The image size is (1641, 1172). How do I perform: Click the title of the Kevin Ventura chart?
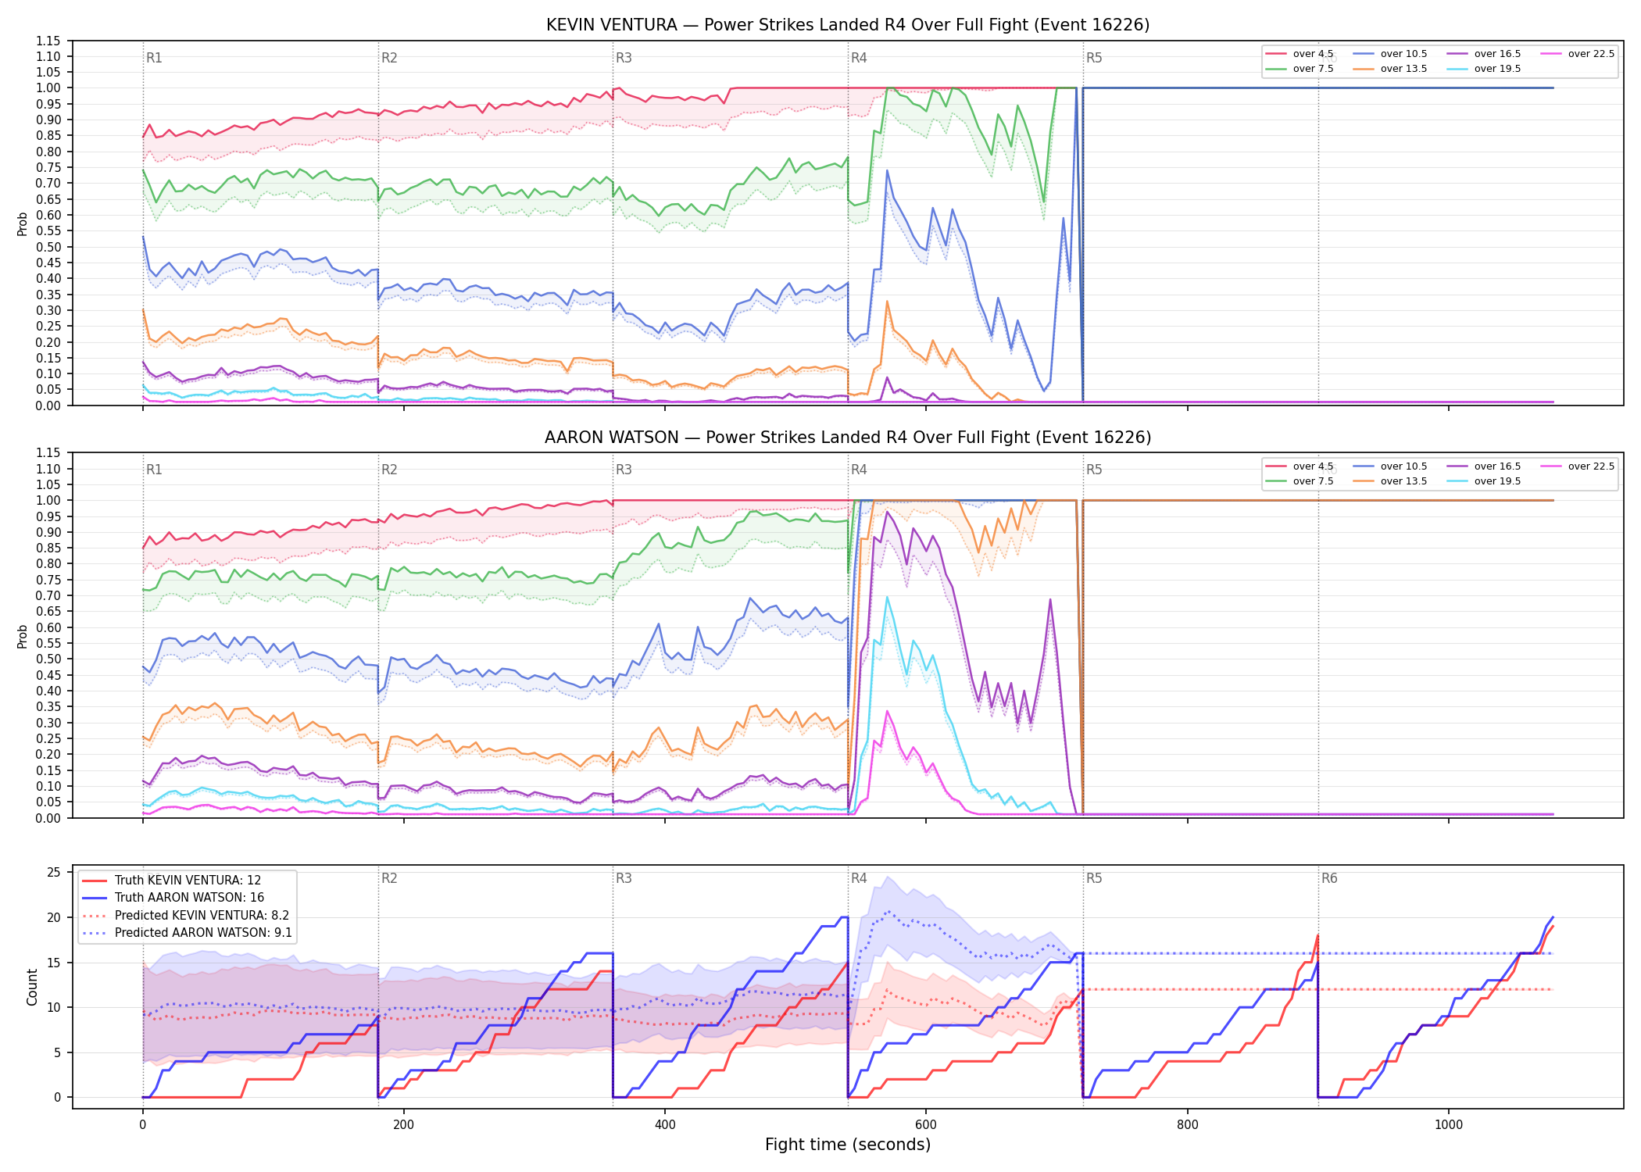click(848, 25)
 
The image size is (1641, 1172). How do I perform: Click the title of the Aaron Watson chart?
click(848, 438)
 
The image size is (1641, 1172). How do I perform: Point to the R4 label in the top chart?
click(859, 58)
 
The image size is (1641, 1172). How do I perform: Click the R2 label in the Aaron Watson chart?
click(389, 470)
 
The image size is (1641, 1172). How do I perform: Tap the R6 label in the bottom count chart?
click(1329, 878)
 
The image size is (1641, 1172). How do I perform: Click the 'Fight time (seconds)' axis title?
click(848, 1145)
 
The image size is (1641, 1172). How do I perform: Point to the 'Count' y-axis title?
click(32, 988)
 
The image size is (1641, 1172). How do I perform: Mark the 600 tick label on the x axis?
click(926, 1125)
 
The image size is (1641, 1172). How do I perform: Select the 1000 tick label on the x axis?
click(1449, 1125)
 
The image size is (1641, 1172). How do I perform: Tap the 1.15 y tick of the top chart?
click(48, 41)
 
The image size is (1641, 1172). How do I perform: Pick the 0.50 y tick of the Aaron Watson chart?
click(48, 659)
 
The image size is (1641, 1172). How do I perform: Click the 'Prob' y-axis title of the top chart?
click(23, 224)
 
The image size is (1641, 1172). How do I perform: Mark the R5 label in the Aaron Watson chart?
click(1094, 470)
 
